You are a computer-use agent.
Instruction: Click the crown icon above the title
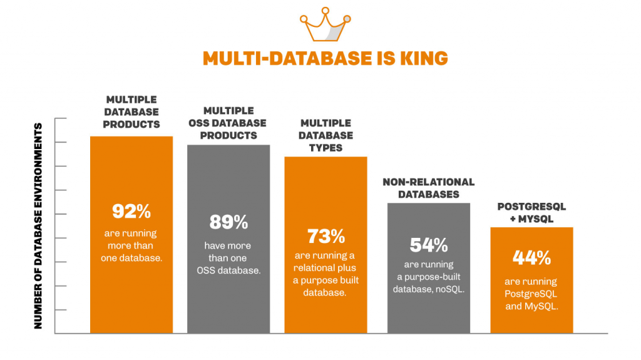(x=324, y=24)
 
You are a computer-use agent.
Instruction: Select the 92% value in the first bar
(x=131, y=212)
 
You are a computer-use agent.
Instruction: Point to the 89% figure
(x=228, y=222)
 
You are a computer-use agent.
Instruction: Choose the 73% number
(x=326, y=236)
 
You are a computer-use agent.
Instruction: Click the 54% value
(x=428, y=245)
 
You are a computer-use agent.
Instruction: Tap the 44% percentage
(x=531, y=257)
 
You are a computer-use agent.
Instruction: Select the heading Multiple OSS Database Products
(x=228, y=123)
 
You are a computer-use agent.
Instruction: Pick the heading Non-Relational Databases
(x=429, y=188)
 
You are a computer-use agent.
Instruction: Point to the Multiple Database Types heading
(x=326, y=135)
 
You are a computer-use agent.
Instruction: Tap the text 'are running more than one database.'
(x=131, y=245)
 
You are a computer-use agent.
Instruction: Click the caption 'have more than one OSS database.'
(x=228, y=258)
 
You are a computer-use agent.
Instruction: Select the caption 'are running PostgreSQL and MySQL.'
(x=531, y=294)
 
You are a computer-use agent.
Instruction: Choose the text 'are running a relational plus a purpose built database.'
(x=326, y=274)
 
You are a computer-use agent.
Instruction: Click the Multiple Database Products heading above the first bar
(x=131, y=111)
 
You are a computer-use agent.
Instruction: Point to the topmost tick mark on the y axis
(x=61, y=118)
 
